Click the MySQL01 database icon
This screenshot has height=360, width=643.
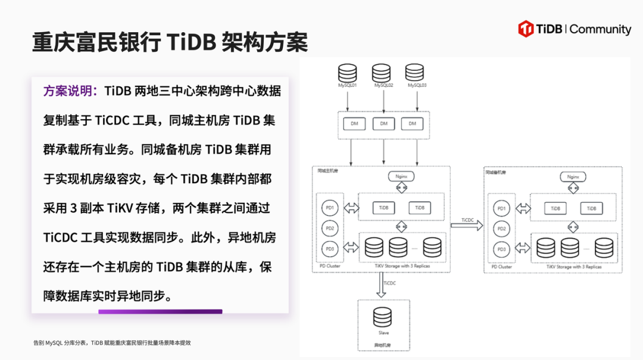click(x=348, y=73)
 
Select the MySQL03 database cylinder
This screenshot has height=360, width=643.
click(x=414, y=73)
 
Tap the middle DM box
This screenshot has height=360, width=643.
click(x=383, y=124)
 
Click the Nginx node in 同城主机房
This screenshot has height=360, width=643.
click(x=402, y=177)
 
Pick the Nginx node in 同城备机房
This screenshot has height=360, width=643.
click(x=573, y=177)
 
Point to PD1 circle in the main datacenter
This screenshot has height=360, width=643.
click(x=330, y=208)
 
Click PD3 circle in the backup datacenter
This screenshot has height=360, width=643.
click(x=501, y=249)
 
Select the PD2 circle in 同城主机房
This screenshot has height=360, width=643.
click(x=330, y=229)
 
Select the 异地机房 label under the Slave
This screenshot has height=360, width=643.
click(x=383, y=345)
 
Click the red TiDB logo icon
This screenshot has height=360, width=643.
click(x=525, y=28)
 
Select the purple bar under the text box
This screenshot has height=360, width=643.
click(x=160, y=311)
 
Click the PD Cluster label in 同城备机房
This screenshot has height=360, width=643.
click(x=501, y=267)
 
